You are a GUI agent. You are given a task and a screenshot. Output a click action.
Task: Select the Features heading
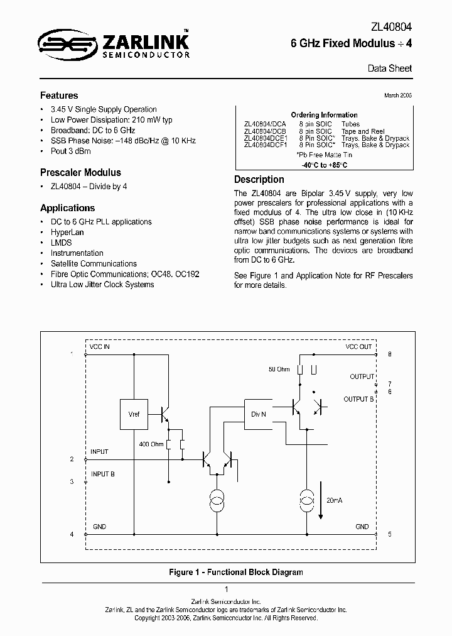coord(59,96)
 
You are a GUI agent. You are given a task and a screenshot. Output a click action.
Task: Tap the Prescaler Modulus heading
coord(80,172)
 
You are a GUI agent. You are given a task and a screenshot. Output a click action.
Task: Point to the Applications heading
coord(67,208)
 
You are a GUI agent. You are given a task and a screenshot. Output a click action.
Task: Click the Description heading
coord(259,179)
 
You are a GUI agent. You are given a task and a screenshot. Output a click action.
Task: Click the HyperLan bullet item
coord(67,232)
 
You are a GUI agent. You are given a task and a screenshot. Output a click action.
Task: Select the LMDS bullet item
coord(61,243)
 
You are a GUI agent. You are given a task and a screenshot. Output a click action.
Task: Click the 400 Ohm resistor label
coord(151,444)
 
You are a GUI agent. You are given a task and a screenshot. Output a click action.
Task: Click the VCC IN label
coord(100,347)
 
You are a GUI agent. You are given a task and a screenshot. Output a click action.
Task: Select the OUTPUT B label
coord(358,399)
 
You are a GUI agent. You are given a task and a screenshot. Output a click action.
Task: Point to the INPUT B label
coord(102,474)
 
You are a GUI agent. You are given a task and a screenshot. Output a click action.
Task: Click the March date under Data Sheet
coord(399,95)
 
